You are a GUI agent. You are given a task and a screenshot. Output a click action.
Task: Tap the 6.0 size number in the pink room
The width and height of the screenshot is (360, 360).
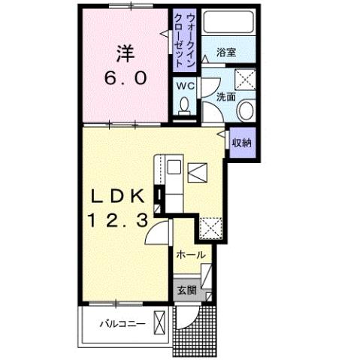[x=126, y=77]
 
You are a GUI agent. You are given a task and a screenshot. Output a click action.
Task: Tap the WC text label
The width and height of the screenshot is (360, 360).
[x=185, y=86]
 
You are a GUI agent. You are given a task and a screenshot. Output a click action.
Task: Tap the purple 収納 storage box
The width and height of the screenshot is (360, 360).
[x=241, y=142]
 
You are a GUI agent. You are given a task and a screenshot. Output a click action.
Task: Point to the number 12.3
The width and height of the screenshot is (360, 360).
[x=116, y=221]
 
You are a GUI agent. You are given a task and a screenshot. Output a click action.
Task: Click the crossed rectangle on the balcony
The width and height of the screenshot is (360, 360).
[x=159, y=324]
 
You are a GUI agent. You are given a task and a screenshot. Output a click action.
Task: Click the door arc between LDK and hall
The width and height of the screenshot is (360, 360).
[x=157, y=236]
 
